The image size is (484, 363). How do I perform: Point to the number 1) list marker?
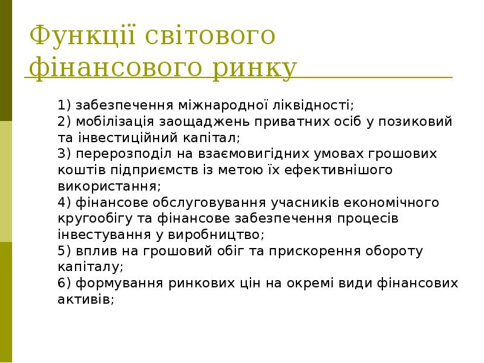coord(65,104)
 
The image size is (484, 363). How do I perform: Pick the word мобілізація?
coord(108,121)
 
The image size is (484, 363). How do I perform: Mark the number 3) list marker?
coord(65,154)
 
